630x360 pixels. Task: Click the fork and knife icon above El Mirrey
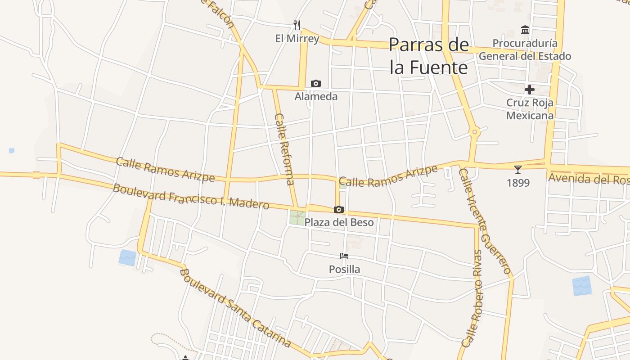tap(297, 24)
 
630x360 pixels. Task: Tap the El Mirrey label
tap(297, 39)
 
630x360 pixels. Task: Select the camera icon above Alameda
tap(316, 83)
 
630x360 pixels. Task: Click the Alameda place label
tap(316, 96)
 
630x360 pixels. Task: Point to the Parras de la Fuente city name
tap(429, 56)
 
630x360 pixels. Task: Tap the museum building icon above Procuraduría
tap(525, 30)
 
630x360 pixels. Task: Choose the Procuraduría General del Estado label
tap(525, 49)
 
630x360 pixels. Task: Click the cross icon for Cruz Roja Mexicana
tap(530, 89)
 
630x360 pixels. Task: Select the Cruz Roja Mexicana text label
tap(530, 109)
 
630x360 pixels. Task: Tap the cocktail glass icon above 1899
tap(518, 170)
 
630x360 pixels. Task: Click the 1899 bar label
tap(518, 183)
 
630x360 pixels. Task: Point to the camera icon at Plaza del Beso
tap(339, 209)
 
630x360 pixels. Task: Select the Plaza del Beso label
tap(339, 222)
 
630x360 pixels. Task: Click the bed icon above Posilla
tap(344, 256)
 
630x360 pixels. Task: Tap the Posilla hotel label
tap(344, 269)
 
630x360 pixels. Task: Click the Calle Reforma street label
tap(284, 149)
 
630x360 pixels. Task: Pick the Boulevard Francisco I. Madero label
tap(191, 197)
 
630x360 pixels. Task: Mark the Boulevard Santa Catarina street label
tap(235, 308)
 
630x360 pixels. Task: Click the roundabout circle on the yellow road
tap(474, 132)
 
